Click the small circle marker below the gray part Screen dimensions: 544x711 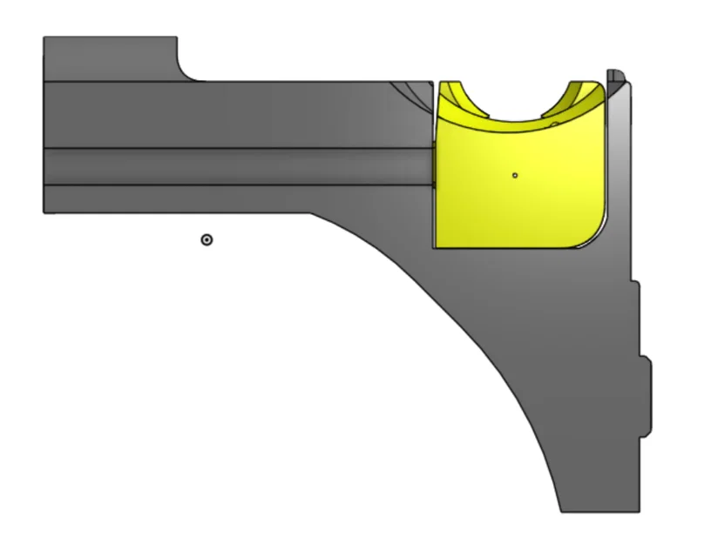pos(207,239)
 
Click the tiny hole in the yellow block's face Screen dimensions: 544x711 pos(515,175)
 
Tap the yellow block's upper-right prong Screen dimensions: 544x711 pos(582,94)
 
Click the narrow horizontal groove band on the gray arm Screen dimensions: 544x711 pos(235,166)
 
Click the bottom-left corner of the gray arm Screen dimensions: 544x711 pos(45,211)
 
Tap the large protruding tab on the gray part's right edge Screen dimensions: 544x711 pos(646,396)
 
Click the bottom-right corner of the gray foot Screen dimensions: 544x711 pos(639,509)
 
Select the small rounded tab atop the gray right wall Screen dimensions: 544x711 pos(613,75)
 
